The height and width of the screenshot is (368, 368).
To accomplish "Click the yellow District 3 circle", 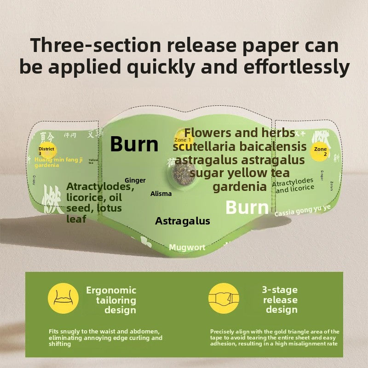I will pos(46,150).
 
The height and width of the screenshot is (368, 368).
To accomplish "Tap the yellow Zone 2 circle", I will pos(320,151).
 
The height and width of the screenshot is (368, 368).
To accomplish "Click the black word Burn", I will pos(134,144).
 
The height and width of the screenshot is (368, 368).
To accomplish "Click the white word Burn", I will pos(247,207).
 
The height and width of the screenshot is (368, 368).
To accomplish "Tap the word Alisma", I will pos(161,194).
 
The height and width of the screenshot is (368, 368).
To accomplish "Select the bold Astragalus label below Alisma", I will pos(183,221).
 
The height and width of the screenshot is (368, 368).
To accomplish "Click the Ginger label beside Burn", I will pos(135,181).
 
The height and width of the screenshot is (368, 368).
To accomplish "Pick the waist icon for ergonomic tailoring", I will pos(63,298).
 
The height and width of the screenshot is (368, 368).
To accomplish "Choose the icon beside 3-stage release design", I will pos(224,298).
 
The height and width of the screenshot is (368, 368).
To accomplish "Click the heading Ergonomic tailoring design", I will pos(111,300).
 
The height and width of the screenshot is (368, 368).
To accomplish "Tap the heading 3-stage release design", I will pos(280,300).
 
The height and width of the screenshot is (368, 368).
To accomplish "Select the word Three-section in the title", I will pos(95,46).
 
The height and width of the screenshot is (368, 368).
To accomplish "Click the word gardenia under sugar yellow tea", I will pos(240,187).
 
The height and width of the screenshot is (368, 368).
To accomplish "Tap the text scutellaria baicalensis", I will pos(239,147).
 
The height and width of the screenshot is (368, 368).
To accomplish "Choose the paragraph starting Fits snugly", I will pos(106,338).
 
